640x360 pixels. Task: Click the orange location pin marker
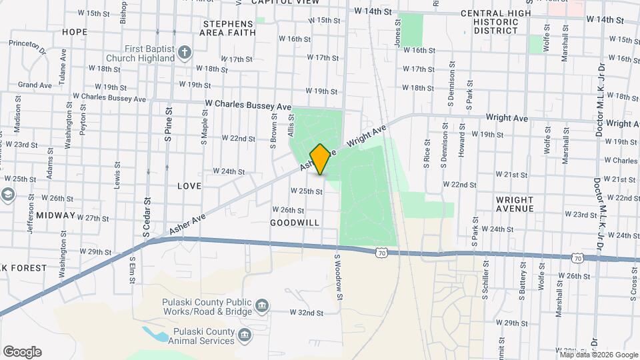coord(320,159)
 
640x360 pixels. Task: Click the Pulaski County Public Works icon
coord(263,306)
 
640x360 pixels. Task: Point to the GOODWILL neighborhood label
coord(294,222)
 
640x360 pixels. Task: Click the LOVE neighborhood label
coord(189,185)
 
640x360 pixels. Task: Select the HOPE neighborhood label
coord(74,31)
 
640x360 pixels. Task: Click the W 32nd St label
coord(306,312)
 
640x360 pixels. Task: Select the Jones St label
coord(397,32)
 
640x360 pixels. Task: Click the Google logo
coord(22,352)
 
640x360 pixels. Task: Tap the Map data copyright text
coord(598,354)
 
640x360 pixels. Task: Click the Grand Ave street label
coord(35,85)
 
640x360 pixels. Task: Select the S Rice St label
coord(427,153)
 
